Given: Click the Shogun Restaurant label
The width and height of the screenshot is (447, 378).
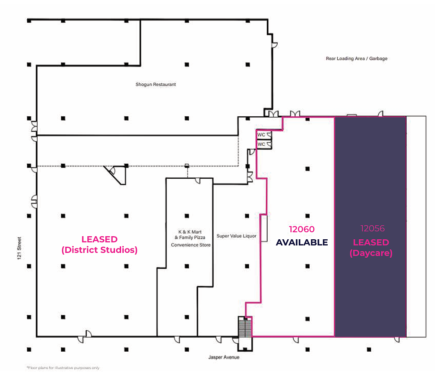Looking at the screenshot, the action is click(x=156, y=84).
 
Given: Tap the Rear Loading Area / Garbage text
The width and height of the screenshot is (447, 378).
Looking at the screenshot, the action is click(x=357, y=58).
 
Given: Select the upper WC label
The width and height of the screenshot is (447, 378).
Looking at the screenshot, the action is click(x=261, y=135).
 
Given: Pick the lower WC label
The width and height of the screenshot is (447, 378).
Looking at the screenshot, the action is click(x=261, y=144).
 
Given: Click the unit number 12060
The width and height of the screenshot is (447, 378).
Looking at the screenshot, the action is click(x=302, y=229).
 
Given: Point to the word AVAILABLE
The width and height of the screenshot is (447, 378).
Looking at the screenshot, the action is click(x=302, y=242).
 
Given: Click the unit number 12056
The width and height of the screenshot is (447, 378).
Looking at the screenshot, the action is click(x=372, y=228).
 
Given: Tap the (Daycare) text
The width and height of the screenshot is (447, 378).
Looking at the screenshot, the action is click(x=371, y=253).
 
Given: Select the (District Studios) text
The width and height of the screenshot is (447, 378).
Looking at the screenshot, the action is click(x=100, y=250).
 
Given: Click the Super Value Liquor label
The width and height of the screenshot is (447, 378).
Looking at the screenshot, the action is click(x=236, y=236).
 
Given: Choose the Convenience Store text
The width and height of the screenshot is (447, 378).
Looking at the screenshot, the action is click(x=191, y=245).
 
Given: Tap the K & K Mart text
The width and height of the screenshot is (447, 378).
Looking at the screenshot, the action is click(x=190, y=232).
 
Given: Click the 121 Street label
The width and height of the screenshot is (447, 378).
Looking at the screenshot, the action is click(x=19, y=248).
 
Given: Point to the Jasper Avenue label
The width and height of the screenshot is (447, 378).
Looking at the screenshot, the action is click(x=224, y=357).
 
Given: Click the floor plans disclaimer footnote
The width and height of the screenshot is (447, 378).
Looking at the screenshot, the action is click(x=63, y=368).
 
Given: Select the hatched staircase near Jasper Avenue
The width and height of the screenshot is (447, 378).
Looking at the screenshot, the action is click(x=245, y=328).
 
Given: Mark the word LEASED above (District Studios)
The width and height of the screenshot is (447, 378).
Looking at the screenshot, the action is click(x=100, y=239).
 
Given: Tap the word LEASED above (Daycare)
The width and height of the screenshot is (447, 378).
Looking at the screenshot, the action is click(x=371, y=242).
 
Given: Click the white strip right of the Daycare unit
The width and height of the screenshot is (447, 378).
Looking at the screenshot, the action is click(x=416, y=227).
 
